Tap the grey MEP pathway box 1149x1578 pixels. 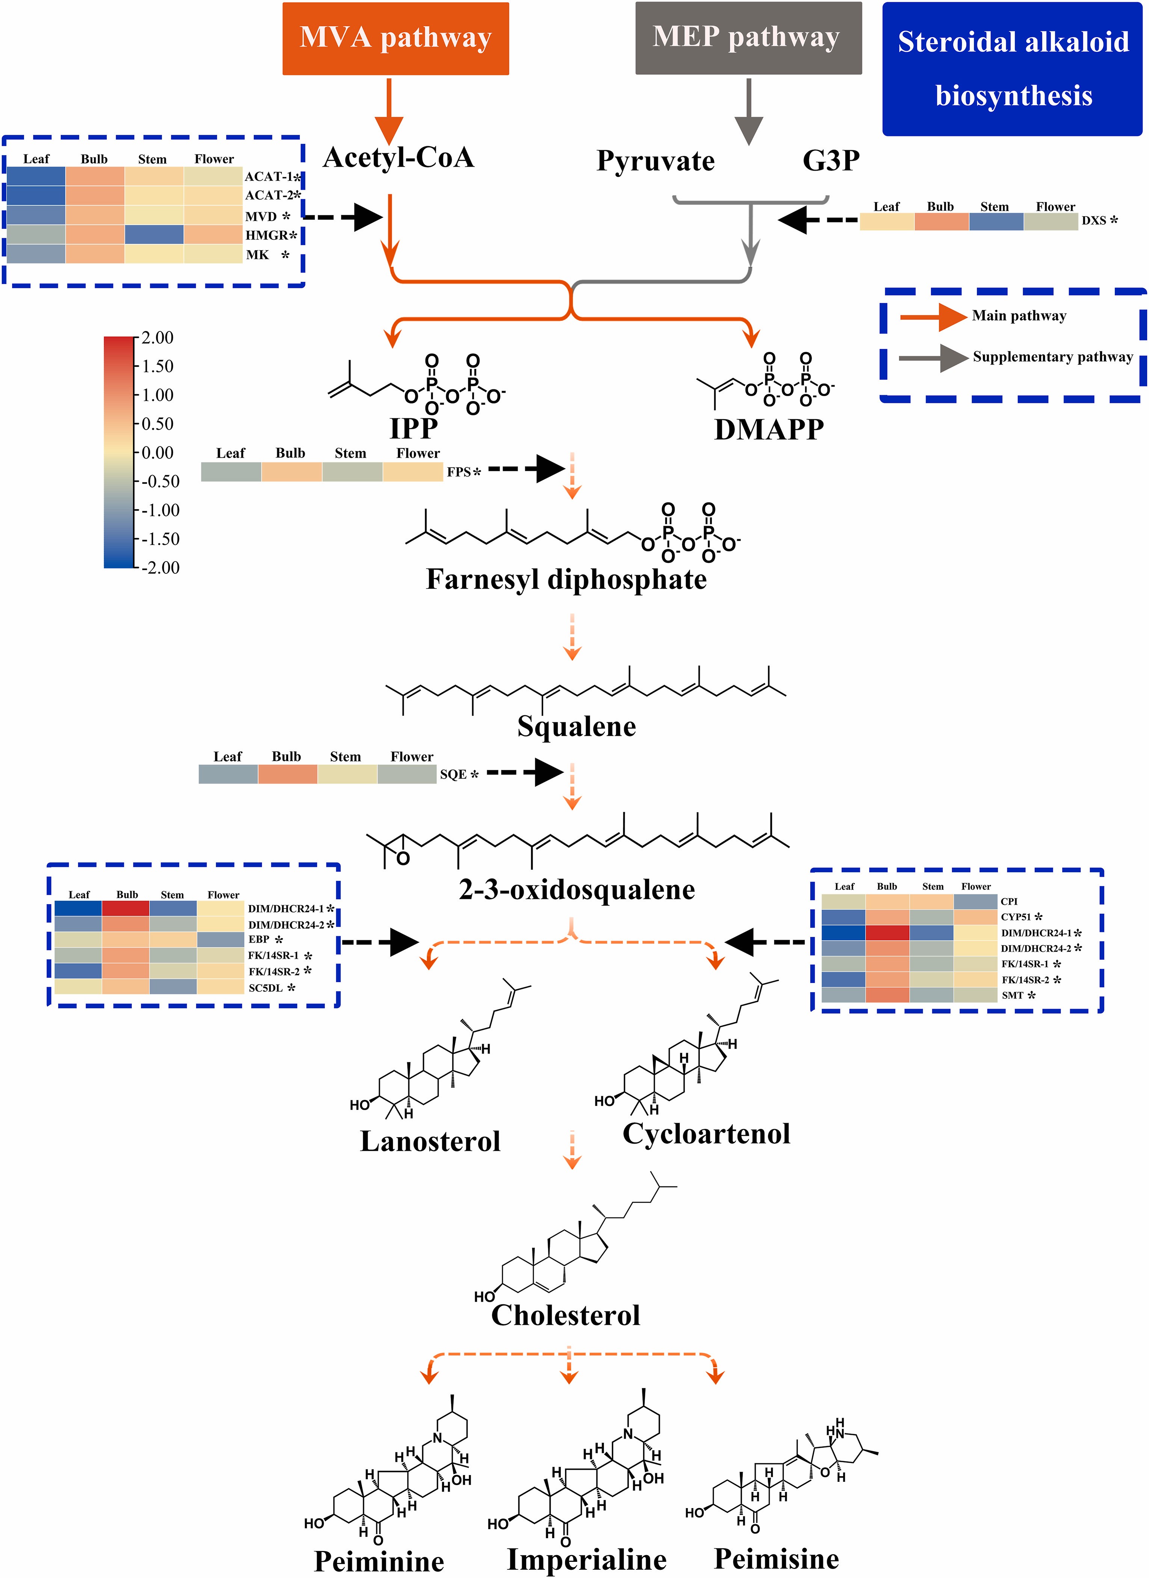tap(748, 38)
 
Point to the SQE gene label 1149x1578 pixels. tap(453, 775)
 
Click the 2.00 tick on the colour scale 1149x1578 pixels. tap(157, 338)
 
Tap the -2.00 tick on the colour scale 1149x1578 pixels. tap(159, 568)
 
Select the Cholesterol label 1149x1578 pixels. tap(565, 1315)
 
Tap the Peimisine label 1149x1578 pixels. tap(776, 1558)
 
